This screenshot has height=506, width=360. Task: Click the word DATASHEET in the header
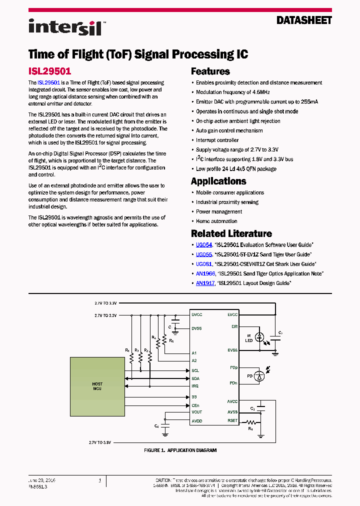coord(304,20)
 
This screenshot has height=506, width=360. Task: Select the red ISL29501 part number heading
coord(49,71)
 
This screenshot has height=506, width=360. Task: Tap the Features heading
coord(210,71)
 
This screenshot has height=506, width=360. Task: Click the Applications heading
coord(218,181)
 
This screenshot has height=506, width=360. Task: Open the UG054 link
coord(204,245)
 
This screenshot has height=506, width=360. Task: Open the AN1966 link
coord(205,273)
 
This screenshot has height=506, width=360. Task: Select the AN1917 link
coord(205,283)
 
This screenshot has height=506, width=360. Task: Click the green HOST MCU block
coord(97,387)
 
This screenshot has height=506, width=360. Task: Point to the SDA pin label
coord(195,378)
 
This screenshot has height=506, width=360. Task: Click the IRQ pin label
coord(195,386)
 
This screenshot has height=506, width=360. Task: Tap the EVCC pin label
coord(232,315)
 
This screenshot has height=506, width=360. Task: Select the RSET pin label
coord(232,421)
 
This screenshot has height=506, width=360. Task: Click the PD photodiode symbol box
coord(259,375)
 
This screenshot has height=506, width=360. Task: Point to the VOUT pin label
coord(197,412)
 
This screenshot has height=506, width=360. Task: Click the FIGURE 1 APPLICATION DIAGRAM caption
coord(180,450)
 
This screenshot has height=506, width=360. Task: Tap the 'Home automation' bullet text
coord(216,221)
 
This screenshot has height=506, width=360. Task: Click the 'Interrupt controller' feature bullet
coord(217,140)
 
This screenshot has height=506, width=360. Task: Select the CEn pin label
coord(195,405)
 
